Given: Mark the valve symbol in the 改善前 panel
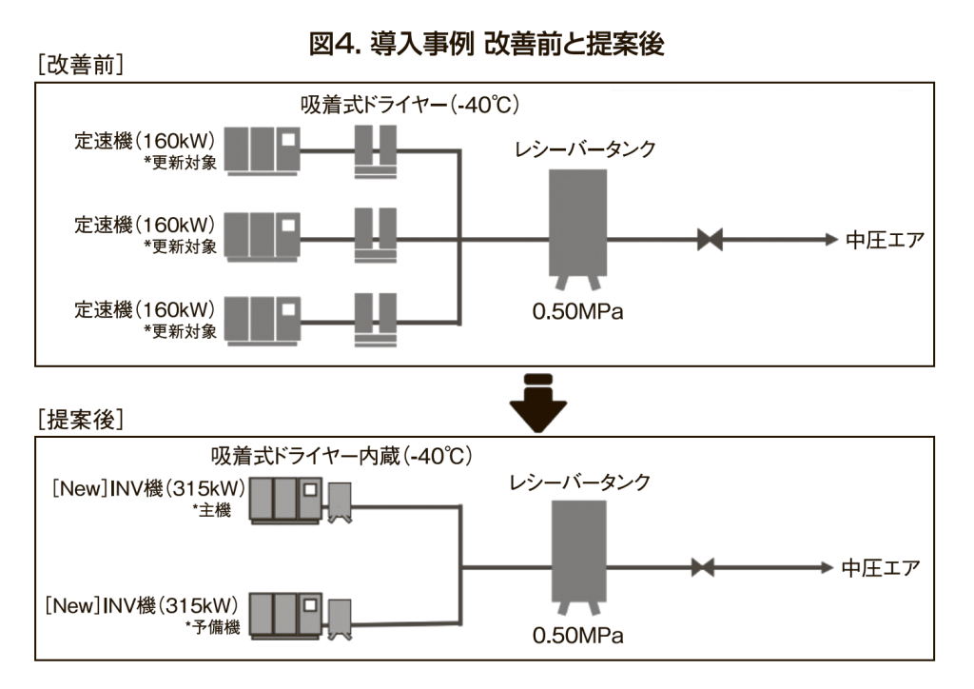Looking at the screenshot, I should click(710, 240).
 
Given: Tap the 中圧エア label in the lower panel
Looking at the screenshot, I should click(880, 569).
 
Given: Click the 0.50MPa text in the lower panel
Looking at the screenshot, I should click(577, 634).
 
